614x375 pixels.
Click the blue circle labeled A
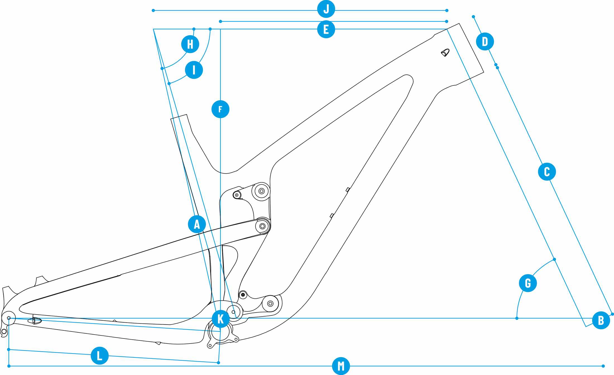tap(197, 224)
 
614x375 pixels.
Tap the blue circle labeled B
tap(601, 320)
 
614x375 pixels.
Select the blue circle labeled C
tap(547, 172)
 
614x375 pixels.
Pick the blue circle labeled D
tap(485, 42)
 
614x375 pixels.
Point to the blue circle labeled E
tap(326, 29)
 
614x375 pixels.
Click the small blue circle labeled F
tap(220, 109)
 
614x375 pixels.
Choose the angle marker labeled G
tap(528, 283)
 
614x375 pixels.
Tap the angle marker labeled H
tap(190, 44)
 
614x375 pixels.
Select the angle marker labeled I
tap(194, 70)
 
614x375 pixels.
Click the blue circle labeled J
tap(326, 9)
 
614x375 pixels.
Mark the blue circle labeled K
tap(220, 319)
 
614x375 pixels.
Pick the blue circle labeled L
tap(100, 355)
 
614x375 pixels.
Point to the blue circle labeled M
tap(341, 366)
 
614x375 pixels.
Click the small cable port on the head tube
tap(445, 52)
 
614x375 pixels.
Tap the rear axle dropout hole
tap(9, 318)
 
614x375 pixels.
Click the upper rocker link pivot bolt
tap(262, 191)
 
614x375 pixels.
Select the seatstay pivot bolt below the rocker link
tap(262, 226)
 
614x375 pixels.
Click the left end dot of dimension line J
tap(153, 11)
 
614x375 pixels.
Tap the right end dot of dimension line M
tap(603, 366)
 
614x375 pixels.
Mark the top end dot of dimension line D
tap(473, 17)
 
